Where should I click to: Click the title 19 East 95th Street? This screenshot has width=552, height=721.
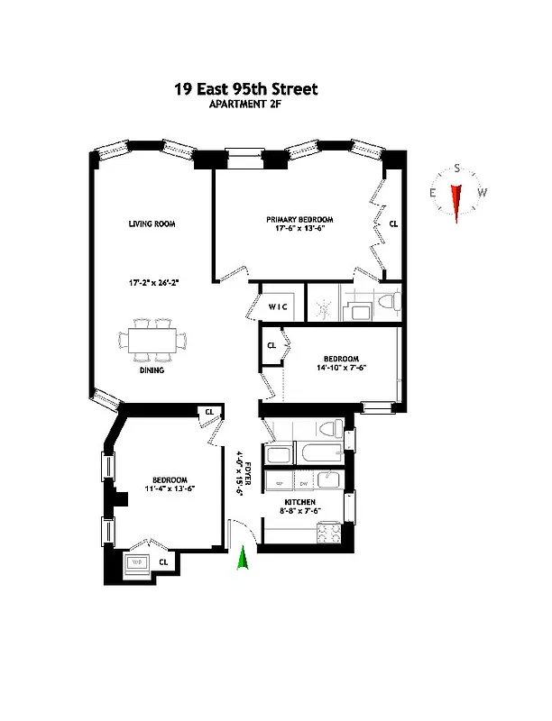(x=245, y=89)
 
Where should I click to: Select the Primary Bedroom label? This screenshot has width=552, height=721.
(x=299, y=220)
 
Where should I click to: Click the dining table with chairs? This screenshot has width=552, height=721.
(x=153, y=340)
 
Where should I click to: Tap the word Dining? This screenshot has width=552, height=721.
(x=151, y=370)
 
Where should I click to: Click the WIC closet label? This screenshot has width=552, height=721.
(x=278, y=307)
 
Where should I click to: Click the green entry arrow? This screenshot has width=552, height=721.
(x=242, y=560)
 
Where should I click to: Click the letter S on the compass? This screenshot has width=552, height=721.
(x=457, y=169)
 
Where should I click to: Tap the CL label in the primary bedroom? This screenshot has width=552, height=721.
(x=393, y=224)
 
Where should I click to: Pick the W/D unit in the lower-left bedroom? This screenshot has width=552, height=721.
(x=138, y=563)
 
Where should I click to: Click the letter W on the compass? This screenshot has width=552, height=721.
(x=483, y=192)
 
